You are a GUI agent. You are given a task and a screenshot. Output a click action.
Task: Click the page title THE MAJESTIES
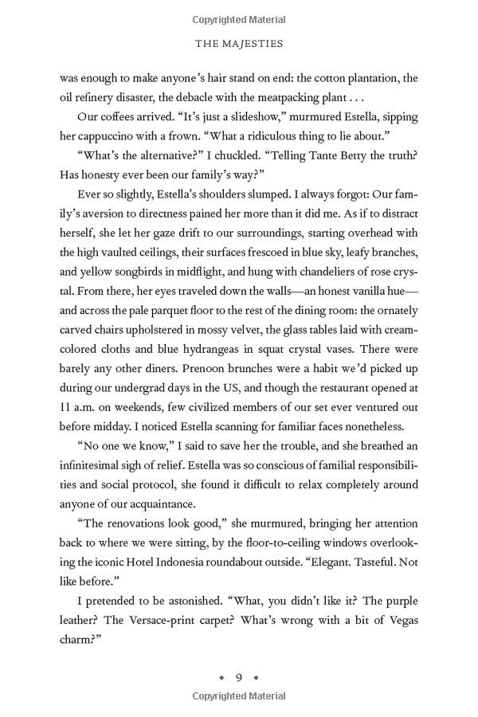coord(239,44)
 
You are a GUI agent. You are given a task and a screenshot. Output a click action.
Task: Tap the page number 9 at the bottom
coord(239,678)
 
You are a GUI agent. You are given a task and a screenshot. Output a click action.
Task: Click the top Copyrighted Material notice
coord(239,20)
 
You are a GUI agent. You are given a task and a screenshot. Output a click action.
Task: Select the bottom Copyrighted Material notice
coord(239,696)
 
